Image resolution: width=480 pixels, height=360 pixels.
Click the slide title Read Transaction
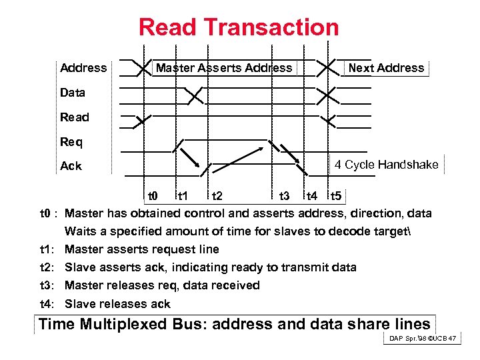[x=239, y=27]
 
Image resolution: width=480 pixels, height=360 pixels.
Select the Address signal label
[x=83, y=68]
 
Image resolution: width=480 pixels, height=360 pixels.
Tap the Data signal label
[x=73, y=93]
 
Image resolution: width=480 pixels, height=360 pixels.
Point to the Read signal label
[x=74, y=117]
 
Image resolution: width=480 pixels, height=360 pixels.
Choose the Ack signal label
[x=71, y=166]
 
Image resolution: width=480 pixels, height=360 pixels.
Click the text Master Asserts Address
[x=224, y=68]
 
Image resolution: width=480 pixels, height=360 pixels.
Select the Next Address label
[x=386, y=68]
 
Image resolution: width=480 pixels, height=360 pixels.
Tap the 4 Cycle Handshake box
[x=386, y=165]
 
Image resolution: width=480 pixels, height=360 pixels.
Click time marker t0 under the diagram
[x=152, y=196]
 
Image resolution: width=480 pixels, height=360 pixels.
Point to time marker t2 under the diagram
[x=217, y=196]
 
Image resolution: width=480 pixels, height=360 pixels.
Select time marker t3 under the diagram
[x=283, y=196]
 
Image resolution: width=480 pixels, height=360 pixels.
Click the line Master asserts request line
[x=141, y=249]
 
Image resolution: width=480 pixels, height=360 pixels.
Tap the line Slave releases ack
[x=117, y=304]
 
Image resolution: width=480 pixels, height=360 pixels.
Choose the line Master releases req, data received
[x=162, y=285]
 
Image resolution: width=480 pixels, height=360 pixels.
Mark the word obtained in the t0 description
[x=160, y=213]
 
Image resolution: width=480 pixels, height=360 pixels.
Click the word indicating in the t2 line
[x=199, y=267]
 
